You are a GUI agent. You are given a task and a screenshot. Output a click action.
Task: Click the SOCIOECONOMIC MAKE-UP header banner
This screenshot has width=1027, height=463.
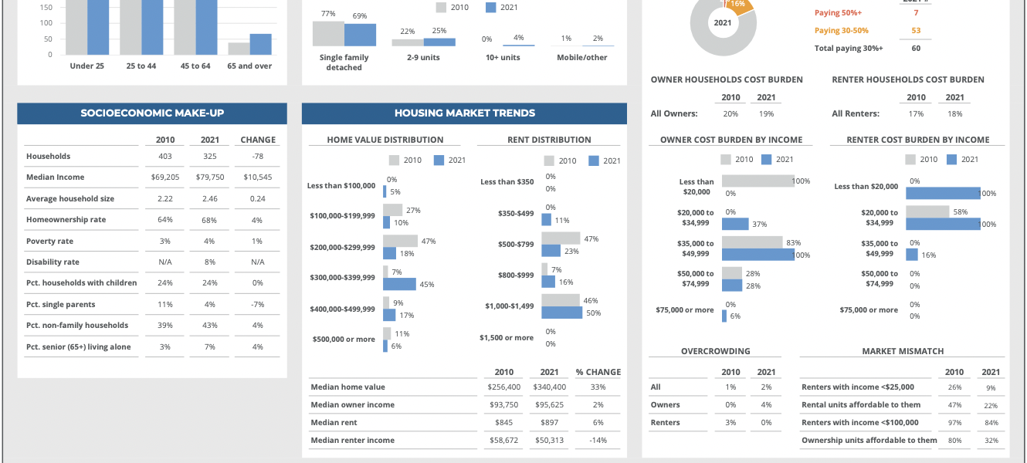pos(152,113)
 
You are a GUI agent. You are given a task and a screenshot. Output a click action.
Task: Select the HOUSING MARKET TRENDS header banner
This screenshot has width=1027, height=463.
pos(464,113)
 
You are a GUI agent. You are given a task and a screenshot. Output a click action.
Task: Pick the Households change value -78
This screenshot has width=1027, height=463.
pos(258,156)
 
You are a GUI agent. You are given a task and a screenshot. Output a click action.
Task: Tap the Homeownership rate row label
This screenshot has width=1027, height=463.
pos(66,220)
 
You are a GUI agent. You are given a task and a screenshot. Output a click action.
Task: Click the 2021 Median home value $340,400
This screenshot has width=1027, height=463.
pos(549,387)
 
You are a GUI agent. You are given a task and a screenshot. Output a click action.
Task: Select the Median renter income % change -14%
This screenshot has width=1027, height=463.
pos(598,441)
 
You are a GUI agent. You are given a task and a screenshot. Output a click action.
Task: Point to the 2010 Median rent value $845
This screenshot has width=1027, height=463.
pos(504,423)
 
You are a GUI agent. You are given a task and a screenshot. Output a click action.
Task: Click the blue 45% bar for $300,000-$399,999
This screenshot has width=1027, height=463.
pos(399,284)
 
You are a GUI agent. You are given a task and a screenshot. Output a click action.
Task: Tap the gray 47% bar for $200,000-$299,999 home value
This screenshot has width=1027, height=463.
pos(400,241)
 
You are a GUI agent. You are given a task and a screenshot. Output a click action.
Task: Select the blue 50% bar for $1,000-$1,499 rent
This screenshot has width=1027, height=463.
pos(561,313)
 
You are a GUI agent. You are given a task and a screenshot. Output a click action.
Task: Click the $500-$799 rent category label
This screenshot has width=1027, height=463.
pos(515,245)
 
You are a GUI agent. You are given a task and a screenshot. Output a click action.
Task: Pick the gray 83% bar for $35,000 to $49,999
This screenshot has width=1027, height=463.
pos(751,242)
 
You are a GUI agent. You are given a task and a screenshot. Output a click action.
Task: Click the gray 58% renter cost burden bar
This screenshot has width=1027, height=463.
pos(927,211)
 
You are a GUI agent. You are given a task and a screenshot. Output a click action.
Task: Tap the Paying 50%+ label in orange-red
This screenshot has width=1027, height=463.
pos(838,13)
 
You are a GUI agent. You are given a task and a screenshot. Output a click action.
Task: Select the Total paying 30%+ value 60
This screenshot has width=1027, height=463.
pos(916,49)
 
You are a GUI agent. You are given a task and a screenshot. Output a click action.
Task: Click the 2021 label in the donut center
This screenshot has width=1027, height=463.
pos(723,23)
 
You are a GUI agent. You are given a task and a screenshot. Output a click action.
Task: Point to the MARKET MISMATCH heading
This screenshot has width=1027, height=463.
pos(903,352)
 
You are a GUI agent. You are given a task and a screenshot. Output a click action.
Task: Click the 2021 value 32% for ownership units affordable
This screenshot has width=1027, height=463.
pos(991,441)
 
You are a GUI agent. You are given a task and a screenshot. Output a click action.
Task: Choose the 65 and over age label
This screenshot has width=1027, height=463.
pos(249,66)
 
